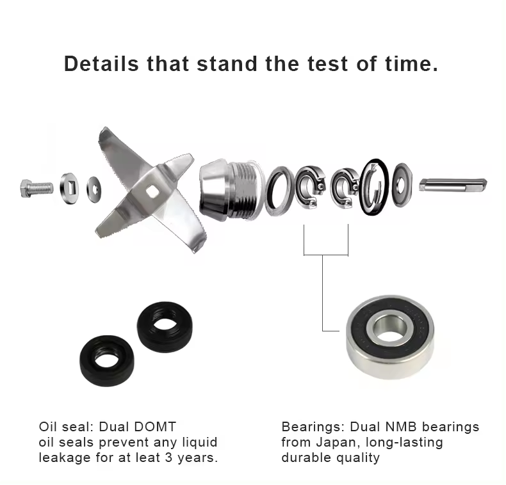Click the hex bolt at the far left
click(x=37, y=189)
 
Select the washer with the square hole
click(x=69, y=188)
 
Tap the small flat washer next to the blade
click(x=94, y=189)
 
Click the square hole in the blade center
click(x=151, y=191)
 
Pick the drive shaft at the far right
click(x=453, y=185)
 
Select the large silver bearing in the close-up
click(x=390, y=337)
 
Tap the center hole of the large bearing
click(x=388, y=329)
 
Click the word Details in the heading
click(x=101, y=63)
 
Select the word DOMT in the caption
click(x=155, y=427)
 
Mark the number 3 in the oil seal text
click(x=168, y=457)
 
